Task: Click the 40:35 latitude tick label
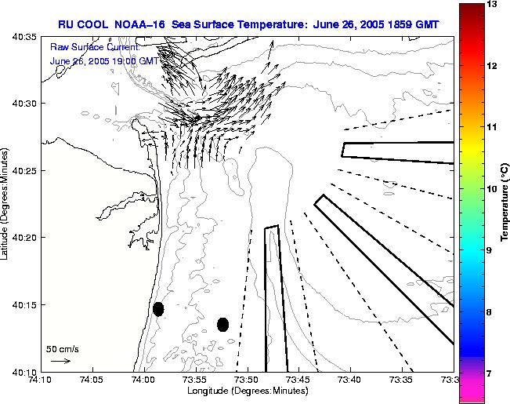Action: point(26,36)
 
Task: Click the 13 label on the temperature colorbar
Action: point(492,5)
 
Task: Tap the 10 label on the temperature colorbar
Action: point(492,188)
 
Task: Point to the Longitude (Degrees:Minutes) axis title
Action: point(247,390)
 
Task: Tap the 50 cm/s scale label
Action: point(62,348)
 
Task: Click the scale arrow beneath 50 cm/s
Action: point(60,361)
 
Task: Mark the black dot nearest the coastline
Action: point(158,309)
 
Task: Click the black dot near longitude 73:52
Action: point(222,324)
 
